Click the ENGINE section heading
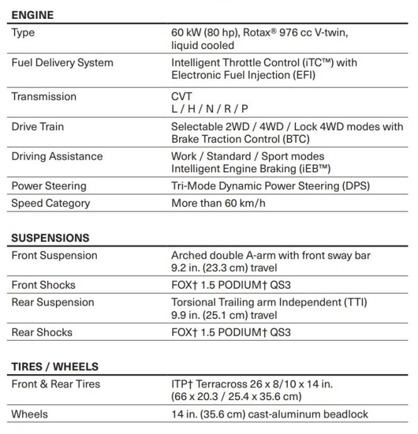(x=32, y=14)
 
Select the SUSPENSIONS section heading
(x=50, y=238)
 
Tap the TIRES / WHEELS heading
(x=55, y=367)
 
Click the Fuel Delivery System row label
(x=62, y=62)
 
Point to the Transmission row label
(x=43, y=96)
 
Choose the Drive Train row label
(x=37, y=126)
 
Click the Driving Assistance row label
(x=57, y=156)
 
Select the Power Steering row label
(x=48, y=186)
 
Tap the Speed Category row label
(x=50, y=203)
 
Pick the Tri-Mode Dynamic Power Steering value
(x=270, y=186)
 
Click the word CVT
(x=182, y=96)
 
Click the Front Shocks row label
(x=43, y=285)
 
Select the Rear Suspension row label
(x=52, y=302)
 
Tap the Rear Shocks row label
(x=41, y=332)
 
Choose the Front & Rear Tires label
(x=55, y=384)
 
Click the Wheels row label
(x=30, y=414)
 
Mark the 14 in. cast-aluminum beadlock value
(x=270, y=414)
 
